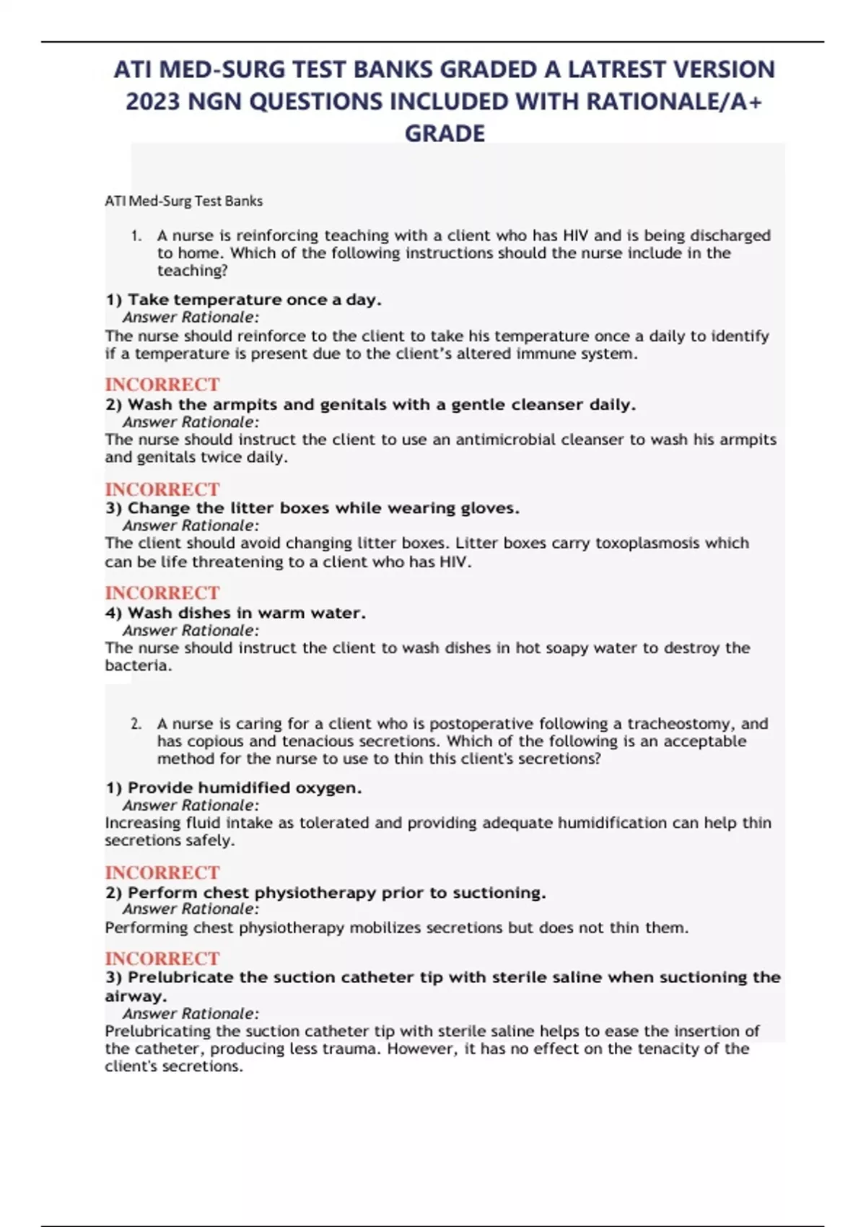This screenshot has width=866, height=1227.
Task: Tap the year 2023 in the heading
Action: tap(152, 102)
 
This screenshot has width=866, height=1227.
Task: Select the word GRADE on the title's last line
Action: tap(445, 134)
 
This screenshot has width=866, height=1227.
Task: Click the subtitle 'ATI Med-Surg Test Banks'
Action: tap(183, 201)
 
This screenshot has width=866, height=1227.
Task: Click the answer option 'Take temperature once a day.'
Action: tap(243, 300)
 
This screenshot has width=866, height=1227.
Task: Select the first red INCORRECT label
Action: tap(162, 385)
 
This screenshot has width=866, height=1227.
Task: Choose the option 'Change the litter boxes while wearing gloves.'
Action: tap(312, 508)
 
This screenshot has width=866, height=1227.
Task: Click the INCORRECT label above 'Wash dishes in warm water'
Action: tap(162, 593)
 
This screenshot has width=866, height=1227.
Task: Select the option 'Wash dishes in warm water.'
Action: tap(235, 613)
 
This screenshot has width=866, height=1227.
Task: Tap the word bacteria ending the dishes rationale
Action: tap(137, 665)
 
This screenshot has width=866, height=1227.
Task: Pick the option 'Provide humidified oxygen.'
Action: tap(233, 788)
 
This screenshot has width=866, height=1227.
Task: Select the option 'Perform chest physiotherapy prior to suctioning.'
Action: tap(325, 893)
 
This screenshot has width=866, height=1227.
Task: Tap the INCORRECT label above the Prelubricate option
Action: tap(162, 959)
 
